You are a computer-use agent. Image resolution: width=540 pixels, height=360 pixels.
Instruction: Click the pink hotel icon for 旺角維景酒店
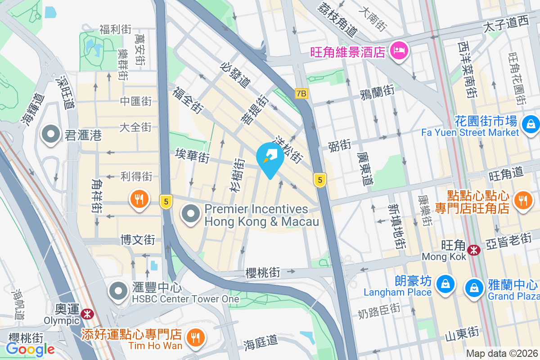point(399,51)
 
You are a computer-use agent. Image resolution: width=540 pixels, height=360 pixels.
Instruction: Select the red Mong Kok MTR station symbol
point(473,250)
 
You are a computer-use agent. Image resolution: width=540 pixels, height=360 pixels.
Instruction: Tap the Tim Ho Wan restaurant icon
point(195,338)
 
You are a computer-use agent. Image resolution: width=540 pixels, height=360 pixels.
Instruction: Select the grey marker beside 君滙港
point(51,135)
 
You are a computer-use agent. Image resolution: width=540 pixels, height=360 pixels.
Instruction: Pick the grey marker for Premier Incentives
point(191,213)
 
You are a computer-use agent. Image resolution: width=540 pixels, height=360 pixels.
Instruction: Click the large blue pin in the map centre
point(270,159)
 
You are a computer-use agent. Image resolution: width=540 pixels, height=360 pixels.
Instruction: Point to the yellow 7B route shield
point(301,94)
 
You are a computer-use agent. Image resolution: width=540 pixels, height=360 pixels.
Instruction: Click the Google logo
point(30,349)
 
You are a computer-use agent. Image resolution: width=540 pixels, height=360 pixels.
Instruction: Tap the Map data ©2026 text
point(502,354)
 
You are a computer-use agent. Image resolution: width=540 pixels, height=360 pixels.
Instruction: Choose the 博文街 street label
point(138,240)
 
